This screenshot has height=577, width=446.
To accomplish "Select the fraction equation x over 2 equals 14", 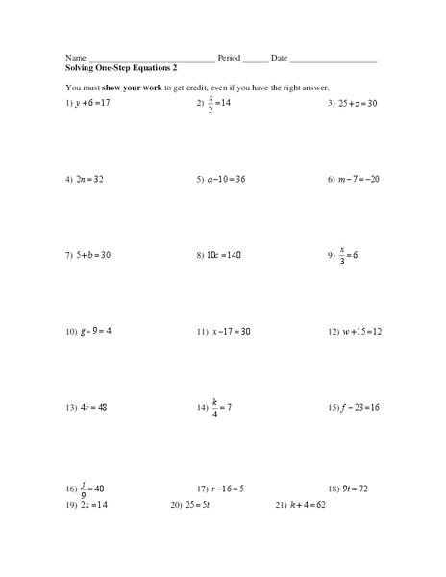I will pyautogui.click(x=219, y=102).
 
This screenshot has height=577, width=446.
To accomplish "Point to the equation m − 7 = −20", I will pyautogui.click(x=359, y=179).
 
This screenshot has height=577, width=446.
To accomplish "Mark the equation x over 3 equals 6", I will pyautogui.click(x=348, y=255).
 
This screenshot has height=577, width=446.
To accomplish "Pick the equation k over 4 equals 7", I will pyautogui.click(x=220, y=407).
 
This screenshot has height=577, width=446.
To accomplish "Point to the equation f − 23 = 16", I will pyautogui.click(x=361, y=407).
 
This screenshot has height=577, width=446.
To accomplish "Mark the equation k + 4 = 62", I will pyautogui.click(x=307, y=504).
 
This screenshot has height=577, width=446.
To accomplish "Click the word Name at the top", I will pyautogui.click(x=76, y=58).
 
